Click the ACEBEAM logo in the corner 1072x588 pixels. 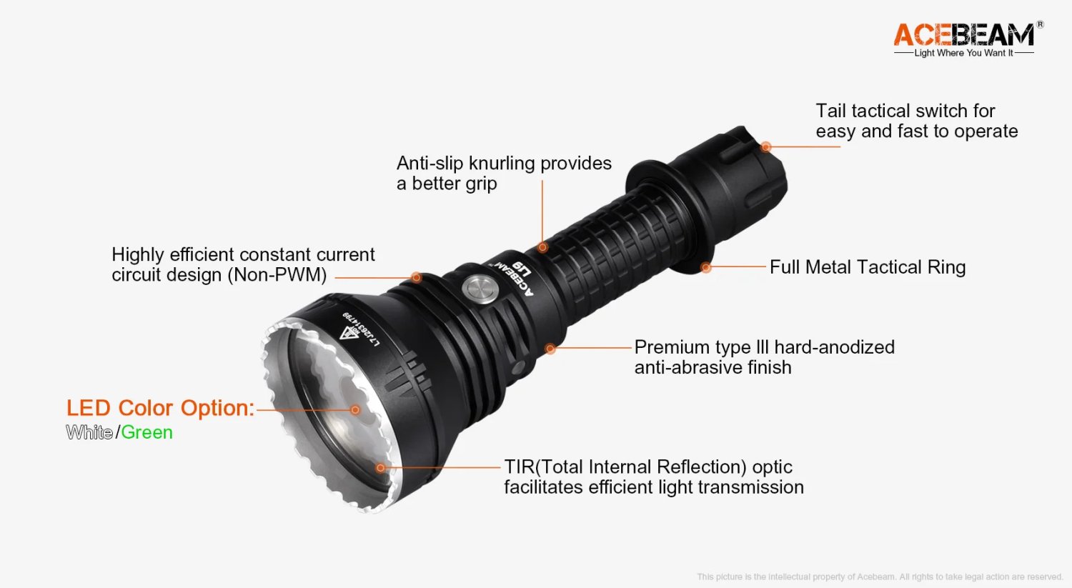click(x=963, y=34)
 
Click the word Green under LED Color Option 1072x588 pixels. click(x=147, y=432)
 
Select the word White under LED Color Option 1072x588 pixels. click(x=89, y=432)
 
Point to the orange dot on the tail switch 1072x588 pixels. click(x=765, y=146)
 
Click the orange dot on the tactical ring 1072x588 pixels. click(x=706, y=267)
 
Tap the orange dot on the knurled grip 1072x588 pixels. click(x=542, y=247)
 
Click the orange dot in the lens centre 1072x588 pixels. click(x=355, y=410)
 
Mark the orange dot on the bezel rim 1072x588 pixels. click(x=381, y=468)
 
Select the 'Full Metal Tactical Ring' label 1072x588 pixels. click(x=867, y=267)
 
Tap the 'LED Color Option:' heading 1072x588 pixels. click(x=160, y=408)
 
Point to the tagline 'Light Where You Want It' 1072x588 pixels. click(x=963, y=53)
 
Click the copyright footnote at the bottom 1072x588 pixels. click(x=879, y=577)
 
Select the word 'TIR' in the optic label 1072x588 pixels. click(x=519, y=467)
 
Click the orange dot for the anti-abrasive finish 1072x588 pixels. click(x=550, y=349)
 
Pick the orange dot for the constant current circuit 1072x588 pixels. click(x=416, y=277)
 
